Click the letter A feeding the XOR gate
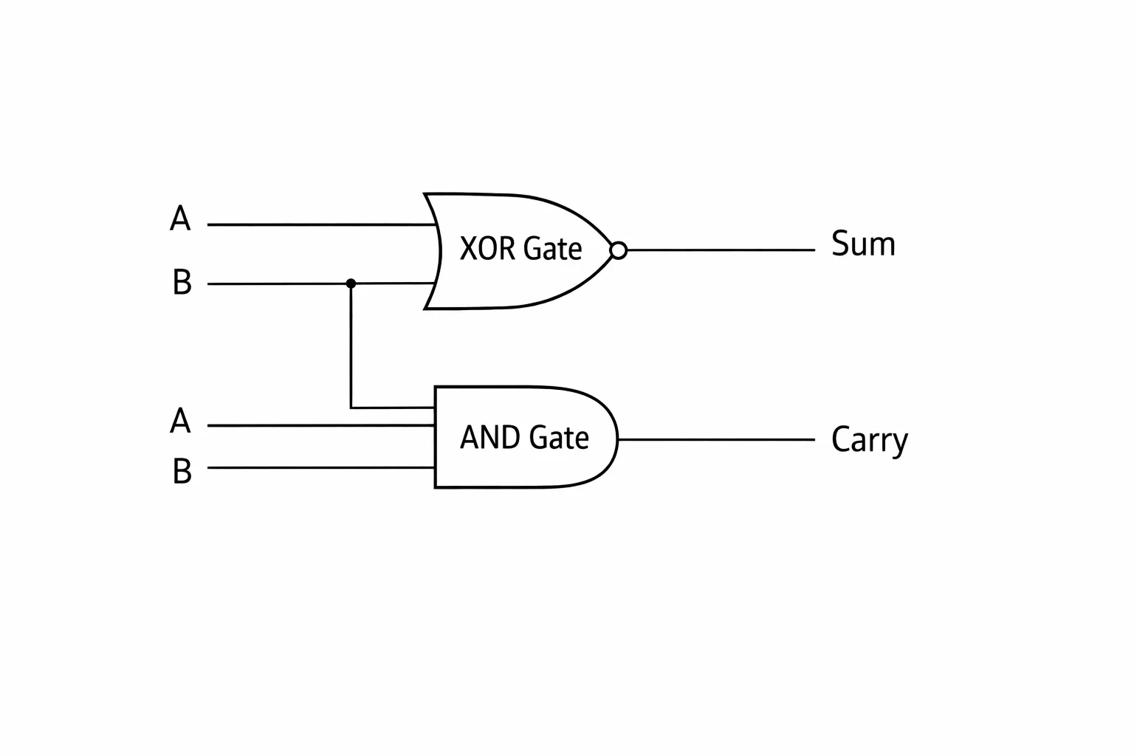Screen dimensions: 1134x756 click(180, 219)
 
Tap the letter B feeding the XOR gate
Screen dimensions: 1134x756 click(182, 281)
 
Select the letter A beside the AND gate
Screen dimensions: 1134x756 click(180, 420)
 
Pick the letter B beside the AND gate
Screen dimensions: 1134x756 click(182, 471)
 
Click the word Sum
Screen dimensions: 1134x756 click(863, 244)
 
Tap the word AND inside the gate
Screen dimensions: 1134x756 click(490, 437)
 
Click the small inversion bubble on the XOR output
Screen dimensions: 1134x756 click(618, 250)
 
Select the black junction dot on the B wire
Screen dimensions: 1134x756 click(351, 283)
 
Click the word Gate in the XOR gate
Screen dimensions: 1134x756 click(552, 248)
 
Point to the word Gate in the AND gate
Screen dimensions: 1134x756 click(559, 437)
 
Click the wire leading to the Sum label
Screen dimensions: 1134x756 click(721, 250)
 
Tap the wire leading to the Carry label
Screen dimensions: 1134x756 click(716, 439)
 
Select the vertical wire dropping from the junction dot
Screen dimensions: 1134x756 click(351, 346)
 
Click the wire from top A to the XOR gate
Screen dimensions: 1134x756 click(322, 224)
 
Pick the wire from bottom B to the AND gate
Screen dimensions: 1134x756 click(321, 467)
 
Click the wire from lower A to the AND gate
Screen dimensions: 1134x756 click(321, 425)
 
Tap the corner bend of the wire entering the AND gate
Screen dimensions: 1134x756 click(351, 407)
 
